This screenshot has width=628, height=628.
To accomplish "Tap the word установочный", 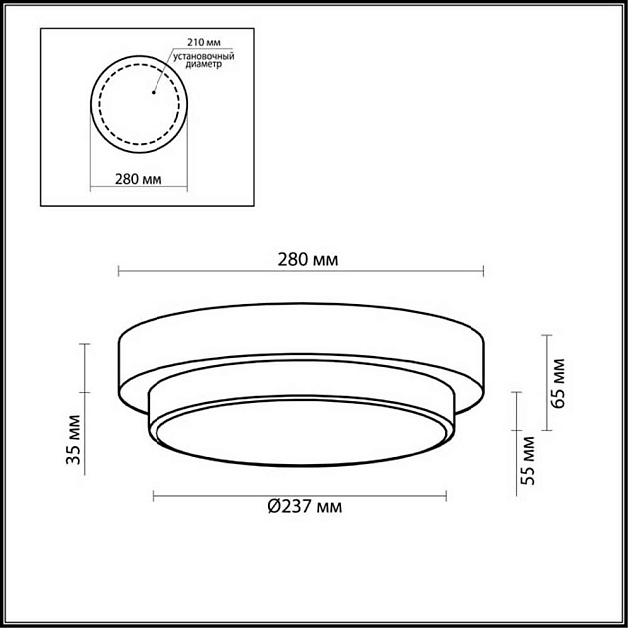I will tap(203, 56).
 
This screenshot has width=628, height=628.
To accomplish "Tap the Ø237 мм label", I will tap(304, 507).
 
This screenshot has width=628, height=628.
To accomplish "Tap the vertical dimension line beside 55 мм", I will tap(515, 440).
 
